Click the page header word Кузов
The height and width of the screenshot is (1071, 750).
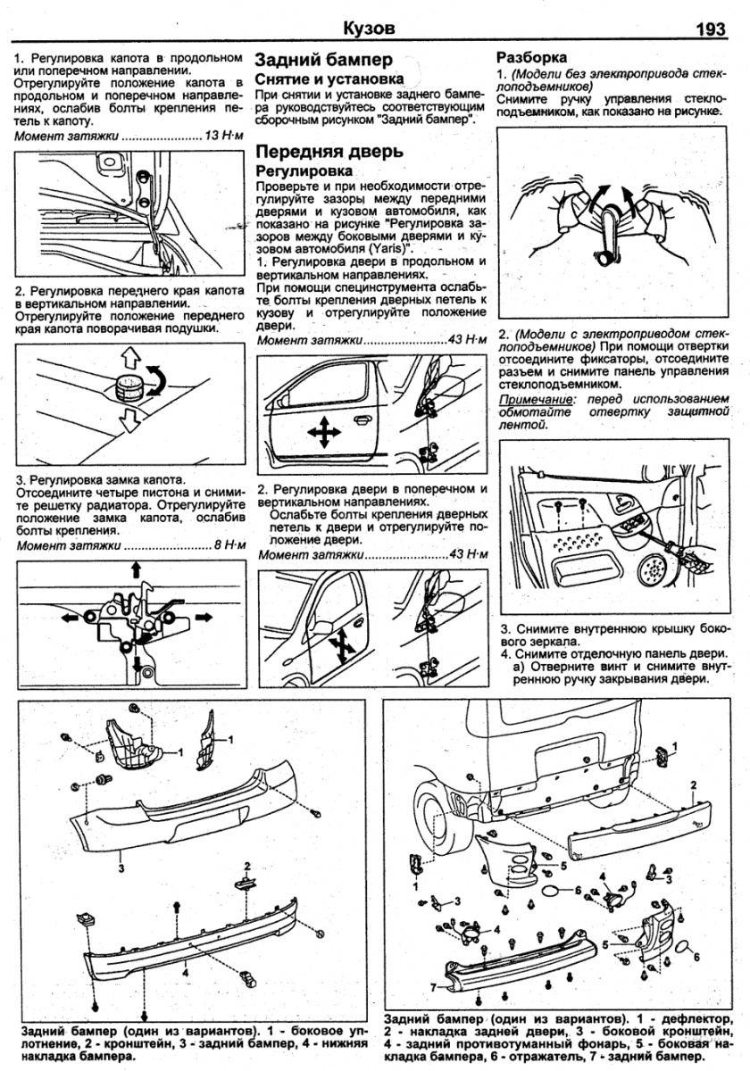coord(369,29)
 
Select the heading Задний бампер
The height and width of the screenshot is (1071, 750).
coord(324,61)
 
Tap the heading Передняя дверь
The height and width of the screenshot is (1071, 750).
coord(329,151)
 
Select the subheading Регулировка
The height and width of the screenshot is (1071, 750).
coord(304,170)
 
